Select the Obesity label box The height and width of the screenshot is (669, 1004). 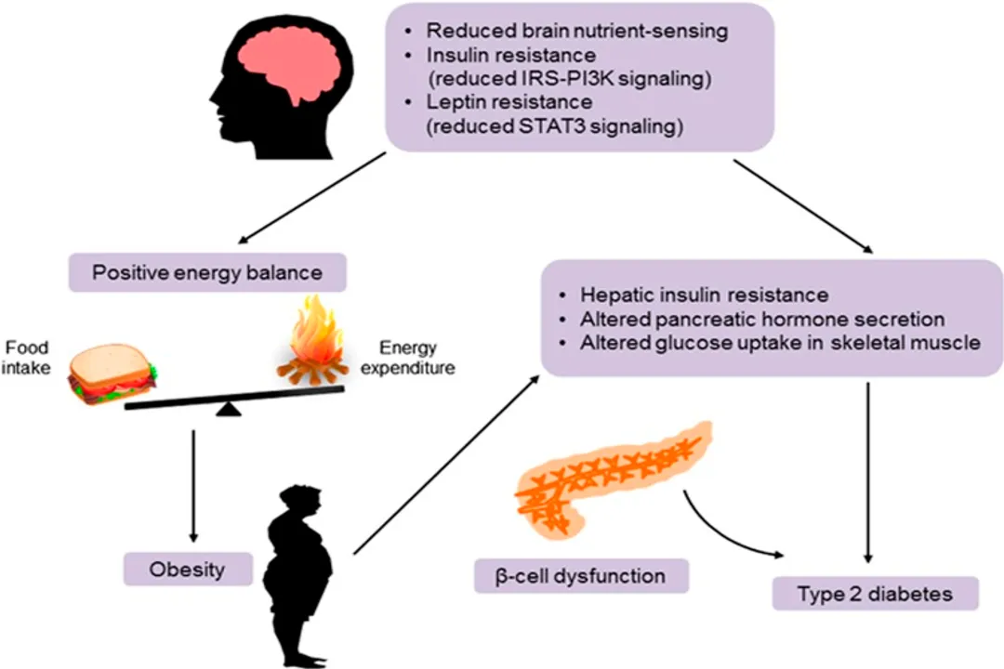click(187, 568)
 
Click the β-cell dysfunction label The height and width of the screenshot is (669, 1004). click(582, 576)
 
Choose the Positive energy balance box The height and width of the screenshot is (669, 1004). click(205, 275)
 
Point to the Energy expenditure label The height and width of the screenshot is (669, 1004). click(417, 359)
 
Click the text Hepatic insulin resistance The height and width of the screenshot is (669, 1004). click(704, 295)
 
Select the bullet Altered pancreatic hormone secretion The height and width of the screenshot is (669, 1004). click(762, 319)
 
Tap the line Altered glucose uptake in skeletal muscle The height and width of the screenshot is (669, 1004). click(780, 342)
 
